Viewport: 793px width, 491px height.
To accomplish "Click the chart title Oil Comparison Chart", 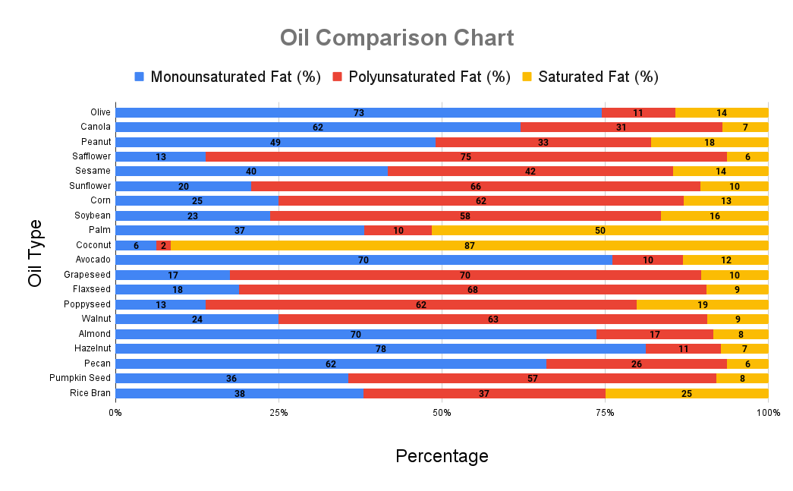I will click(396, 38).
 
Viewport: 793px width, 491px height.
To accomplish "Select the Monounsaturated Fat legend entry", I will click(228, 77).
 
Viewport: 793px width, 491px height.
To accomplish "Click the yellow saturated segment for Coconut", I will click(470, 245).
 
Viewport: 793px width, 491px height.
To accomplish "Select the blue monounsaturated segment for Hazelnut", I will click(380, 348).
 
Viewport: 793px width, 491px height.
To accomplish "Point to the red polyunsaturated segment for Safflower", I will click(466, 156).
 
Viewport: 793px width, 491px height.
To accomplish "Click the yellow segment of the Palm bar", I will click(599, 230).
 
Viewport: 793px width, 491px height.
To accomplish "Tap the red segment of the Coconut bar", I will click(164, 245).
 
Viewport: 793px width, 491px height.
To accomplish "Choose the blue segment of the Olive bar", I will click(358, 112).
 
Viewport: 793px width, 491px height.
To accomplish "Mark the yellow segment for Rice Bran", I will click(687, 393).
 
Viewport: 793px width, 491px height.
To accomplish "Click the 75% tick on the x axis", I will click(605, 412).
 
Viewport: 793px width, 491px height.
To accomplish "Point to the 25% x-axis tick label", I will click(278, 412).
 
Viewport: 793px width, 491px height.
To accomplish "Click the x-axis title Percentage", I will click(442, 456).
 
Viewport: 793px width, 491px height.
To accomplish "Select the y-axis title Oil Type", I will click(36, 253).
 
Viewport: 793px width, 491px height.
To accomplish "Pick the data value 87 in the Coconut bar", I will click(470, 245).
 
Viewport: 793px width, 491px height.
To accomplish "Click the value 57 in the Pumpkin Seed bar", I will click(533, 378).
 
